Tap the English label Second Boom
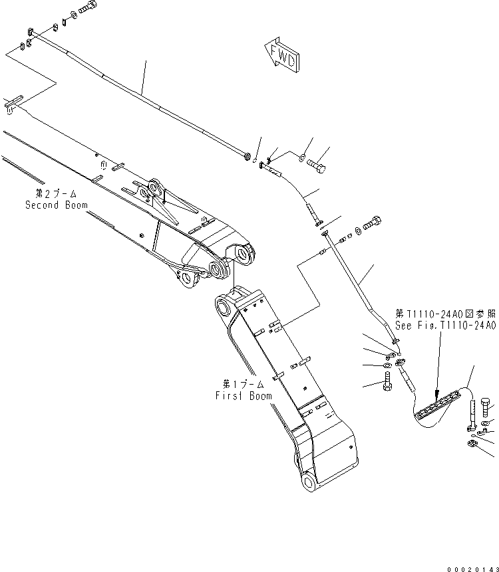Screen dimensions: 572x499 coord(57,205)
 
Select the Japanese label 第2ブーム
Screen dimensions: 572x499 coord(57,195)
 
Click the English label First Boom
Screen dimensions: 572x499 coord(244,395)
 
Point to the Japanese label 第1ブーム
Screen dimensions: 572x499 coord(244,385)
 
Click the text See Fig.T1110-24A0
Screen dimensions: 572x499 coord(445,325)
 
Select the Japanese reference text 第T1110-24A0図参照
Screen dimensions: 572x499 coord(445,314)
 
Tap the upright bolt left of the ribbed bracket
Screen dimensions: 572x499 coord(388,384)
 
